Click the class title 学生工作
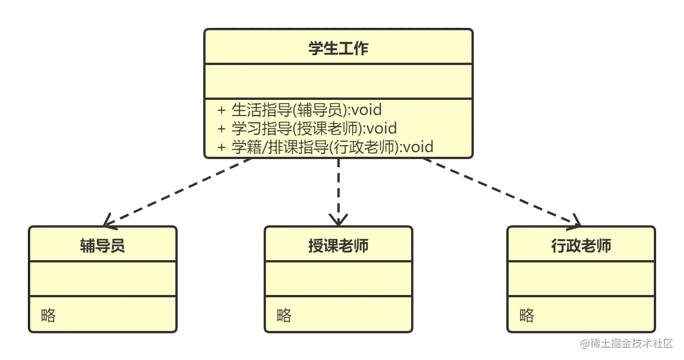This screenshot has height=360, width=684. (338, 48)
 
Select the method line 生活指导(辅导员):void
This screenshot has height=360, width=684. (306, 109)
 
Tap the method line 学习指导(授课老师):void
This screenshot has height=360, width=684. (314, 128)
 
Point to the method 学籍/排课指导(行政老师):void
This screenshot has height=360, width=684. (332, 146)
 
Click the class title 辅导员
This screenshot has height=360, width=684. (102, 246)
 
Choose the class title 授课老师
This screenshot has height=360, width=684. (338, 246)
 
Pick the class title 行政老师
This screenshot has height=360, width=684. (581, 246)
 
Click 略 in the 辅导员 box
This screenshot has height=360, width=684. (49, 315)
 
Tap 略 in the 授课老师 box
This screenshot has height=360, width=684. (284, 315)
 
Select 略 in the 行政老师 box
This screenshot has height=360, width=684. (527, 315)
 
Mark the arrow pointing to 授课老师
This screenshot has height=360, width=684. (339, 192)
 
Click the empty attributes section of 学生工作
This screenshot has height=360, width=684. (338, 81)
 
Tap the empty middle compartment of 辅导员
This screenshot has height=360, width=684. (102, 279)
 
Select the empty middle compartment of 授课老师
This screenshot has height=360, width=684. (338, 279)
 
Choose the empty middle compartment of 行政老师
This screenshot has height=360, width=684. (581, 279)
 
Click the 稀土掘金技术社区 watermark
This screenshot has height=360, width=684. (625, 343)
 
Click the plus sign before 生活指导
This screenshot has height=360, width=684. (221, 109)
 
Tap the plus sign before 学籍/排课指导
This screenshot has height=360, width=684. (221, 147)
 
